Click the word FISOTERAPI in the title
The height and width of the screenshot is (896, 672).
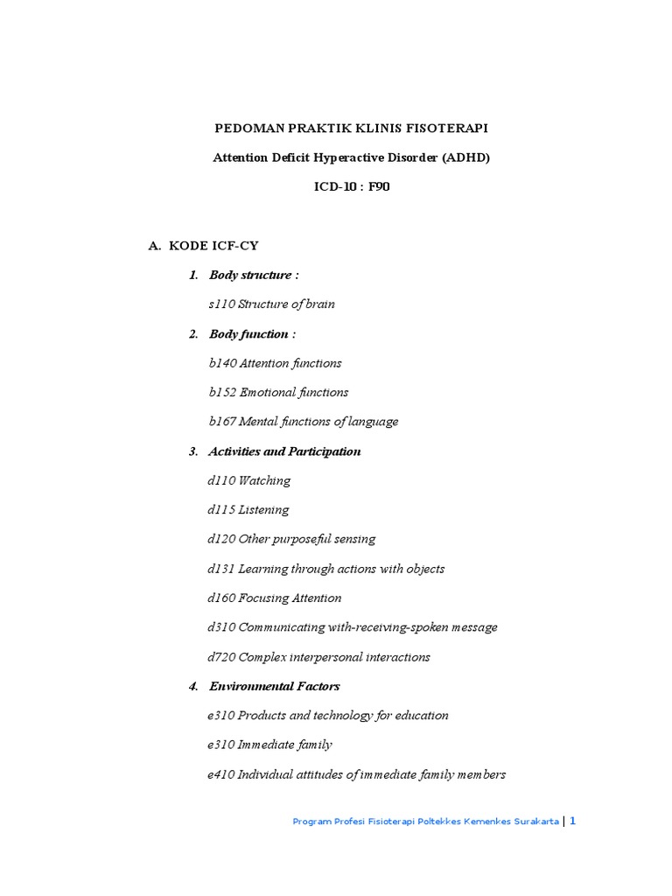[x=446, y=129]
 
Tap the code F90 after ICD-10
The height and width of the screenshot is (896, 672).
[x=379, y=187]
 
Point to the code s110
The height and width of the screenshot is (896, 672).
[x=221, y=304]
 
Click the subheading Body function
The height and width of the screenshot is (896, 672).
[x=248, y=334]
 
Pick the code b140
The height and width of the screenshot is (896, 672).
[x=222, y=363]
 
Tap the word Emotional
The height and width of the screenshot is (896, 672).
[x=268, y=393]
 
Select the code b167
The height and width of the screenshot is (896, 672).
[x=222, y=422]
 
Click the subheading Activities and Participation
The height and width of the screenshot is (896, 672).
[x=284, y=451]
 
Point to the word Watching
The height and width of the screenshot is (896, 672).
[x=264, y=480]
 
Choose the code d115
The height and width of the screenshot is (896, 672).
[x=221, y=510]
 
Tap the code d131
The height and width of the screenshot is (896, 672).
[x=221, y=569]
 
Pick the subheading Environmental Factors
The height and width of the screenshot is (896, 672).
[x=274, y=687]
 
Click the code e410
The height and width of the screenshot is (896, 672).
[x=221, y=774]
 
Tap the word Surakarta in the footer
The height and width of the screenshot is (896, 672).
[x=533, y=822]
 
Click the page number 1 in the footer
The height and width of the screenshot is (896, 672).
[x=573, y=821]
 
